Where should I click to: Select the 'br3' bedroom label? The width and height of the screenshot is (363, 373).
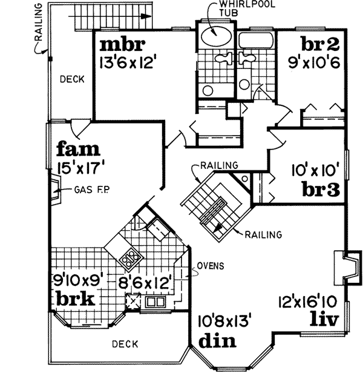click(319, 190)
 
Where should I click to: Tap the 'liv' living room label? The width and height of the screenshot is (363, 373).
click(324, 317)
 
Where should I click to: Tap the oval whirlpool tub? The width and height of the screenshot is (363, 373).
click(215, 35)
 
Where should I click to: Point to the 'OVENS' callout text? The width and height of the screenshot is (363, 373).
click(210, 266)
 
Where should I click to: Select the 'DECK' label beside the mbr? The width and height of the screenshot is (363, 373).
click(71, 79)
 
